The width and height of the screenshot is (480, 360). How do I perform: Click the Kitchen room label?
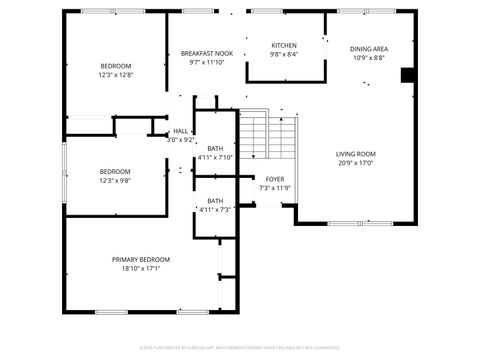[x=284, y=46]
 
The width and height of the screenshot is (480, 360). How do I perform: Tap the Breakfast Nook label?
[x=207, y=53]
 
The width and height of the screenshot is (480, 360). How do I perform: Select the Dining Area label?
[x=369, y=49]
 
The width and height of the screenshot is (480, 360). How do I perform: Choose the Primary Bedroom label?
[x=140, y=259]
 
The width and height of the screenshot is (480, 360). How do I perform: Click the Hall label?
[x=181, y=131]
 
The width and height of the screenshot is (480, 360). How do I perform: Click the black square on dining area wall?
[x=406, y=75]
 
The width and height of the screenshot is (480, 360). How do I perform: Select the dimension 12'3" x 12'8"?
[x=115, y=75]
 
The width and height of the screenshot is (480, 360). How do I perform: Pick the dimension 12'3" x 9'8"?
[x=115, y=181]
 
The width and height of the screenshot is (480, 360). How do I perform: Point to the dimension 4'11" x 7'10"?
[x=215, y=157]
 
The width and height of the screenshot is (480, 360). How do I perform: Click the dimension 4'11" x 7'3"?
[x=215, y=209]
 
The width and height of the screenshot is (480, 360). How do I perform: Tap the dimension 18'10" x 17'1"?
[x=140, y=268]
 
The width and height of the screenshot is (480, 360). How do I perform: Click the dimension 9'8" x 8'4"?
[x=284, y=55]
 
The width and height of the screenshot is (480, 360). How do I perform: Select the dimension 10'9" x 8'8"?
[x=369, y=58]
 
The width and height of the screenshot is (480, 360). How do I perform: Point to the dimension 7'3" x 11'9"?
[x=274, y=187]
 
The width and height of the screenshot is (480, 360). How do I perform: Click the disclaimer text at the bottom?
[x=240, y=348]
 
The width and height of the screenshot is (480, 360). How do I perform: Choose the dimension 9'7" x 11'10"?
[x=207, y=62]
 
